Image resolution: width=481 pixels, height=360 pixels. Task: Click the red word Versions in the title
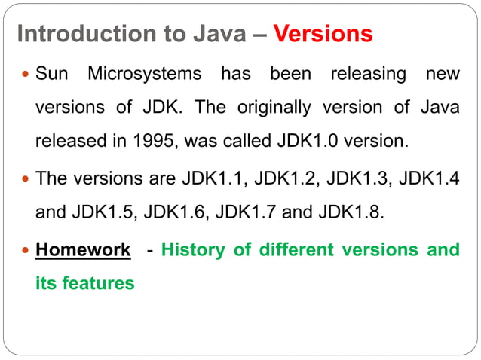tap(323, 35)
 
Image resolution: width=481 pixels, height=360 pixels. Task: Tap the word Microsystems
tap(144, 75)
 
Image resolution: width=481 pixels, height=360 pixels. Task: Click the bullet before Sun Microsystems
tap(25, 75)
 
